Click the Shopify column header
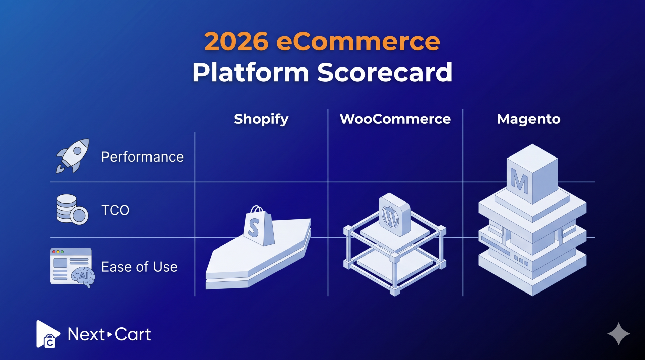pos(261,119)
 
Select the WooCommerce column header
pos(395,119)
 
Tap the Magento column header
pos(529,119)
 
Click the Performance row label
pos(142,157)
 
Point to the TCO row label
pos(115,210)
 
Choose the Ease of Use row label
pos(139,267)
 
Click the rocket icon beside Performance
pos(73,155)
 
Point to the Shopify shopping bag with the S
pos(258,226)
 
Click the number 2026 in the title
pos(236,42)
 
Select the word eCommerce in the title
pos(358,42)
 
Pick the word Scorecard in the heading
pos(385,72)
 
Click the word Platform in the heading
pos(251,72)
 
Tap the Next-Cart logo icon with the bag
pos(48,334)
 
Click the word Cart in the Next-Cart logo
pos(133,334)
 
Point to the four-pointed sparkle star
pos(618,334)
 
